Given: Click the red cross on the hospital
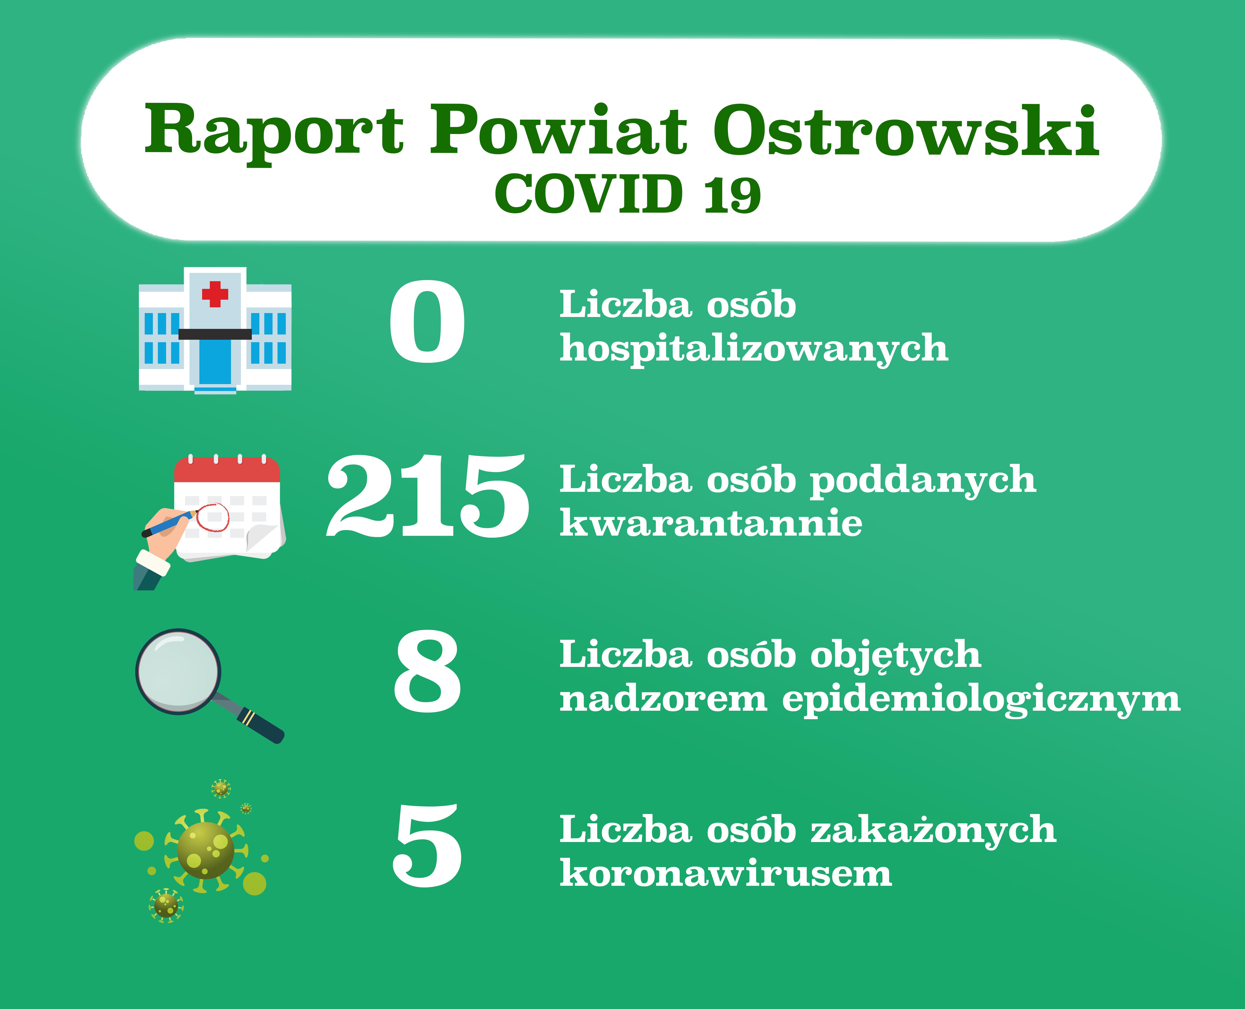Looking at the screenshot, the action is point(215,294).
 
